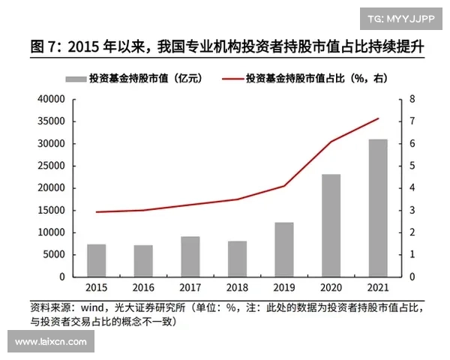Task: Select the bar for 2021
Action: (x=378, y=208)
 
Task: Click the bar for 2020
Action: (x=331, y=225)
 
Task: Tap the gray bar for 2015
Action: (x=96, y=260)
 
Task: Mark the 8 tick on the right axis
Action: (x=412, y=99)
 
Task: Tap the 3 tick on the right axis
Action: (x=412, y=211)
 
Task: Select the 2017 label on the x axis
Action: (x=190, y=288)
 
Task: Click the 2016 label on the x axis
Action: (x=142, y=288)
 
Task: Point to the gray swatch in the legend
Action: (x=75, y=78)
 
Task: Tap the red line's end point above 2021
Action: (x=378, y=118)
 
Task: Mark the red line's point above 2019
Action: (x=283, y=186)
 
